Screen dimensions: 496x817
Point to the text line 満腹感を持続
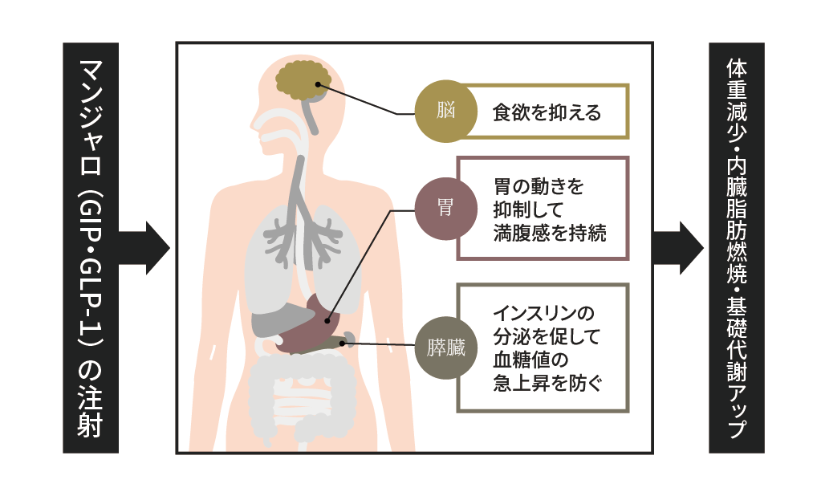[x=550, y=234]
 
